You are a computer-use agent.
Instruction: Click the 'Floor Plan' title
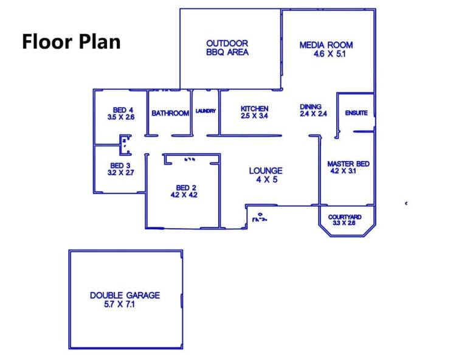(x=72, y=41)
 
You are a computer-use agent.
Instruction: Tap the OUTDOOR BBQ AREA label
(x=227, y=47)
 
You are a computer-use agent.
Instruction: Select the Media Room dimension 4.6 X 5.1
(x=330, y=54)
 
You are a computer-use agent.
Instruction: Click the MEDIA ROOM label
(x=326, y=45)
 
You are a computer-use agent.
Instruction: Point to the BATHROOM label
(x=170, y=113)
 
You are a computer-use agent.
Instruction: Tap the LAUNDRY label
(x=206, y=111)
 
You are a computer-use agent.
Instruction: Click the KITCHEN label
(x=254, y=109)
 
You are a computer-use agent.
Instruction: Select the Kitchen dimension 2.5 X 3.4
(x=254, y=116)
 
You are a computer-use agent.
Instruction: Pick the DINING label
(x=311, y=106)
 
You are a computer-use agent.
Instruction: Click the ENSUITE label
(x=356, y=113)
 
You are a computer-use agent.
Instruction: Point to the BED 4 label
(x=123, y=110)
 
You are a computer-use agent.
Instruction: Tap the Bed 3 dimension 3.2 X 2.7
(x=120, y=173)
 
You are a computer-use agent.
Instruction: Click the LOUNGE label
(x=266, y=171)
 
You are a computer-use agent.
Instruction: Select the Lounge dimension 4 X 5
(x=267, y=179)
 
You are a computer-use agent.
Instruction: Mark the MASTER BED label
(x=348, y=164)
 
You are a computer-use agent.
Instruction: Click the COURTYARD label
(x=345, y=217)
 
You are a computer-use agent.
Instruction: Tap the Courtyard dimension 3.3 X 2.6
(x=344, y=223)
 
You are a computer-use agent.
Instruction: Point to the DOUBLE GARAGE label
(x=125, y=296)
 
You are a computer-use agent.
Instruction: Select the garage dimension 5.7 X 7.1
(x=119, y=304)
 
